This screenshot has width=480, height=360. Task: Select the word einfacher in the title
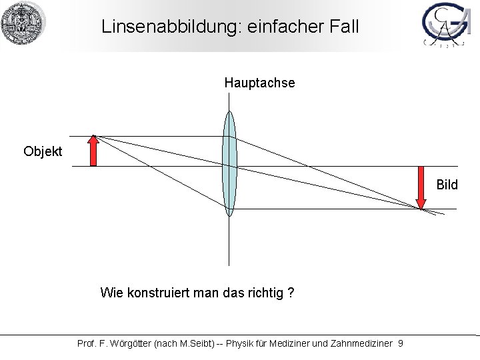pos(283,27)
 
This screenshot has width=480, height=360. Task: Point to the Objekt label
pos(43,151)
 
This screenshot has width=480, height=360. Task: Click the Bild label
pos(447,185)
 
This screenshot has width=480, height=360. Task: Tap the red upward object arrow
pos(94,150)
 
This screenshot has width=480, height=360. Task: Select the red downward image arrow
pos(421,187)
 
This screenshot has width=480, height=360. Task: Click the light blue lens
pos(229,163)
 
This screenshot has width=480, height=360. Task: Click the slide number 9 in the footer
pos(400,343)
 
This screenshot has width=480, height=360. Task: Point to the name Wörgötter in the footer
pos(132,343)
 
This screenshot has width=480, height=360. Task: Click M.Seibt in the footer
pos(198,343)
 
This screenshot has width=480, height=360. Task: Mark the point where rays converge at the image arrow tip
pos(421,209)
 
